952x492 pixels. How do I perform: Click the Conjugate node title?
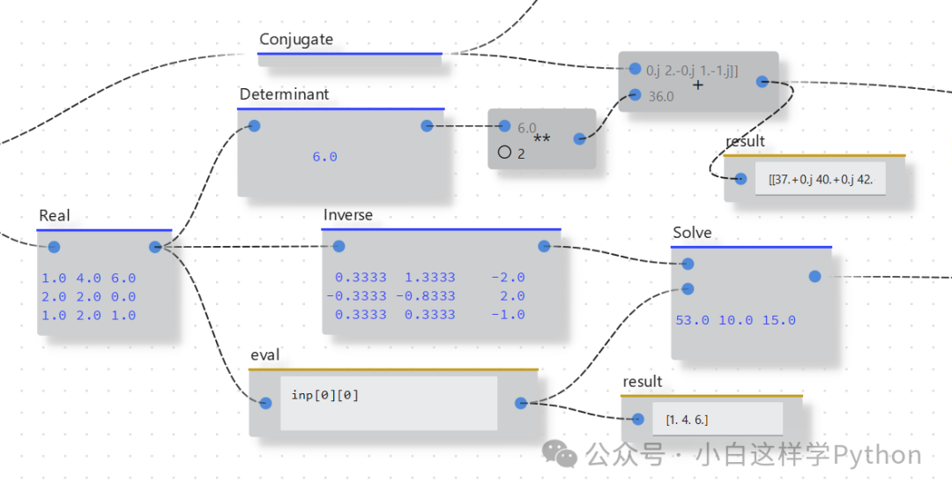pyautogui.click(x=296, y=40)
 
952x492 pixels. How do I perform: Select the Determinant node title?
pyautogui.click(x=284, y=94)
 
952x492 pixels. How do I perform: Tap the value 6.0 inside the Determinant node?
pyautogui.click(x=324, y=157)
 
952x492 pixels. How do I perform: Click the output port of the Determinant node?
pyautogui.click(x=427, y=126)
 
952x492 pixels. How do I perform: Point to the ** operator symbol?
pyautogui.click(x=541, y=139)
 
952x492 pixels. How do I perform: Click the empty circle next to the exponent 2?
pyautogui.click(x=504, y=152)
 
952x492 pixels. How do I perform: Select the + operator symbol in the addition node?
pyautogui.click(x=698, y=86)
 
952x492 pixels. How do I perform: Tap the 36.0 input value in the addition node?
pyautogui.click(x=661, y=97)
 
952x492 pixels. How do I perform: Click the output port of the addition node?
pyautogui.click(x=762, y=82)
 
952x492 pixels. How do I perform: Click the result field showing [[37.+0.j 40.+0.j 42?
pyautogui.click(x=820, y=179)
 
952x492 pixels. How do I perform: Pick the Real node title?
pyautogui.click(x=55, y=216)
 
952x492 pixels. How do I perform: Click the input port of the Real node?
pyautogui.click(x=54, y=247)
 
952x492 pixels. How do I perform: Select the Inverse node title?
pyautogui.click(x=347, y=215)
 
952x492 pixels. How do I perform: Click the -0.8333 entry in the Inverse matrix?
pyautogui.click(x=426, y=296)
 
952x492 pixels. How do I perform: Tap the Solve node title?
pyautogui.click(x=692, y=233)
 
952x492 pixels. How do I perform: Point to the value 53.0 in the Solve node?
pyautogui.click(x=692, y=320)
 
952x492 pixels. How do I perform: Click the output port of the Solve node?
pyautogui.click(x=815, y=277)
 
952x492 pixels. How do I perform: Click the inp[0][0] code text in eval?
pyautogui.click(x=325, y=395)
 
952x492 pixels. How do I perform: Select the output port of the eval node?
pyautogui.click(x=521, y=403)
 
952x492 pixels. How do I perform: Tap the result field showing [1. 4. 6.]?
pyautogui.click(x=688, y=420)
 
